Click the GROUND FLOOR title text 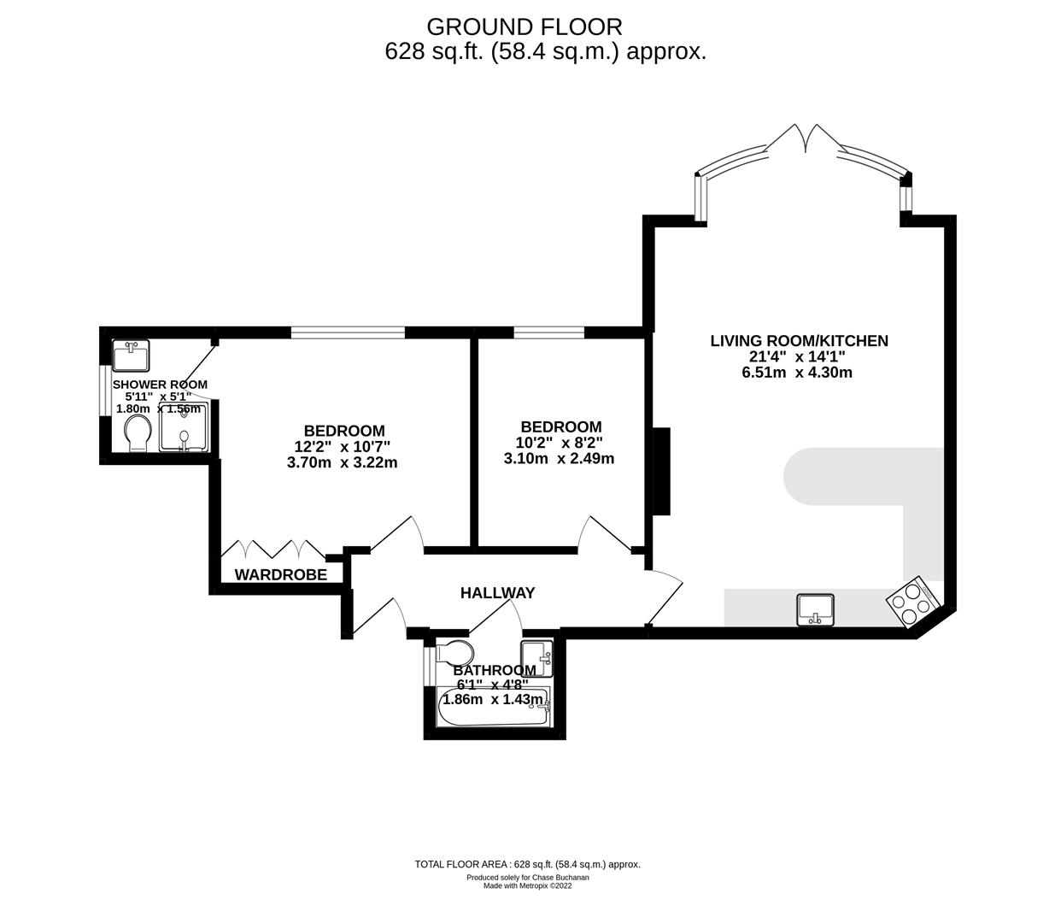click(525, 26)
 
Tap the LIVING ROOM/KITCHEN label click(799, 341)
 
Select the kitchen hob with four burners click(912, 603)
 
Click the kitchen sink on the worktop click(817, 609)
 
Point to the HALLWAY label click(497, 592)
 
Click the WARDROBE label click(280, 575)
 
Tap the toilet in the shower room click(137, 434)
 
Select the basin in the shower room click(132, 353)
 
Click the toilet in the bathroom click(453, 653)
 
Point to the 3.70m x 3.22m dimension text click(343, 462)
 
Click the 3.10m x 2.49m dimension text click(559, 458)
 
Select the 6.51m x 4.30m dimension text click(797, 372)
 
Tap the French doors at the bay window click(802, 138)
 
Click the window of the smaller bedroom click(548, 332)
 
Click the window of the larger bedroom click(347, 332)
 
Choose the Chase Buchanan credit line click(527, 877)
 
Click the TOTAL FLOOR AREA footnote click(527, 864)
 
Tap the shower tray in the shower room click(184, 426)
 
